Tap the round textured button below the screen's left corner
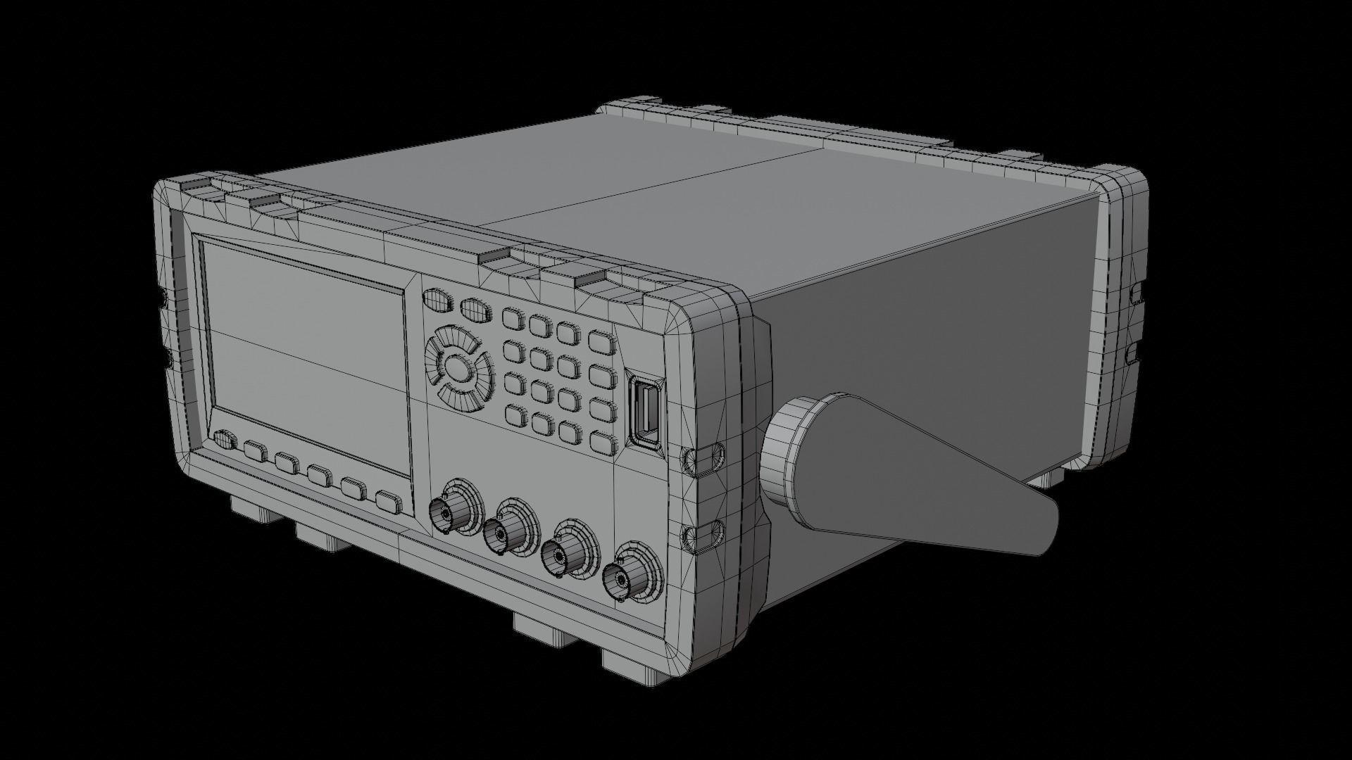[224, 440]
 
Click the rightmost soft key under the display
[388, 502]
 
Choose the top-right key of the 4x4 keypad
[601, 341]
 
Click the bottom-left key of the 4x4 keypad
[515, 417]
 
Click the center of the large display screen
[306, 355]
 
